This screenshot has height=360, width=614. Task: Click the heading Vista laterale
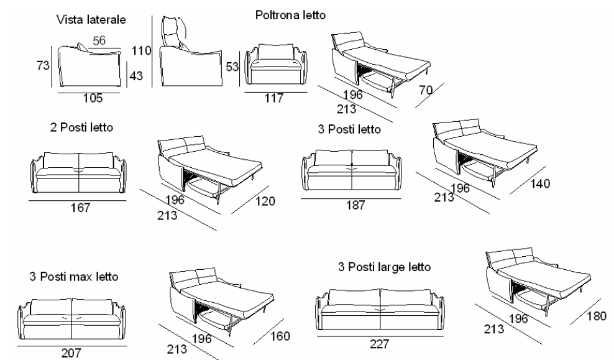[91, 20]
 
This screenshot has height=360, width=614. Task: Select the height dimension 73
[43, 66]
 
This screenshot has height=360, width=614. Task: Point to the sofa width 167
[80, 208]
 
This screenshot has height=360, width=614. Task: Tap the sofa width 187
[352, 205]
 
